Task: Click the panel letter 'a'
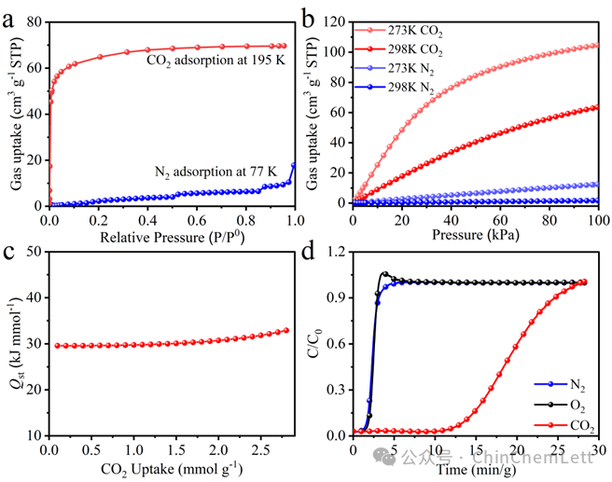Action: pos(7,21)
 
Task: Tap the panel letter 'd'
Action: pos(308,252)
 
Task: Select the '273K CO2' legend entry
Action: pos(398,31)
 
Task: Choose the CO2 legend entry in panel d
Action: pos(564,425)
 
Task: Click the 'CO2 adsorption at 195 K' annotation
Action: pos(216,61)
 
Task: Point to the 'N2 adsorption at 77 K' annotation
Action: pos(216,172)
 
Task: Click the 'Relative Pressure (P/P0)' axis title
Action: pos(172,237)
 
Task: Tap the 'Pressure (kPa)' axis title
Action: pos(476,235)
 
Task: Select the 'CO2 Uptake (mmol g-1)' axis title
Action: pos(172,469)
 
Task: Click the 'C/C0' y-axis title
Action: pos(314,344)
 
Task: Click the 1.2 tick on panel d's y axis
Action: pos(336,252)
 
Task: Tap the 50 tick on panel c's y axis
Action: pos(34,252)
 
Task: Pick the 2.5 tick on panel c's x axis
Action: pos(260,450)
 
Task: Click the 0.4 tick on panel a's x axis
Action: pos(147,220)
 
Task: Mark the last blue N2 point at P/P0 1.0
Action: pos(294,165)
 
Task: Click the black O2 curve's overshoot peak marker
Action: pos(385,274)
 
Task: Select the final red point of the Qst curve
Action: pos(286,330)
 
